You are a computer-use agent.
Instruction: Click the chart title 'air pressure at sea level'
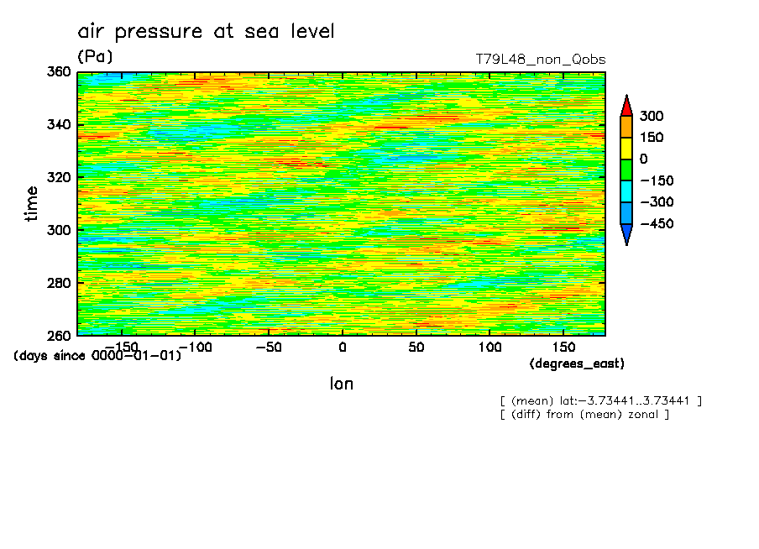pos(206,32)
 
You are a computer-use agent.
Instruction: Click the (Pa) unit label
pos(95,57)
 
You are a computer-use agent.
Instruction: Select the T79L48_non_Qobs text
pos(540,60)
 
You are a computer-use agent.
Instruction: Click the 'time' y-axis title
pos(32,204)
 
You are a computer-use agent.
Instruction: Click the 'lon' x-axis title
pos(341,384)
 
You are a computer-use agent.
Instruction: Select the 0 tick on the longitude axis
pos(342,347)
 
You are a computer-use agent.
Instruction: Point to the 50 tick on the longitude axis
pos(416,347)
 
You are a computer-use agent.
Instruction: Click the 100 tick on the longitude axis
pos(489,347)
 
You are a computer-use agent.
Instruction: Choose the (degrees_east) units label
pos(577,363)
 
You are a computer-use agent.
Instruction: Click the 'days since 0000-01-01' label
pos(97,356)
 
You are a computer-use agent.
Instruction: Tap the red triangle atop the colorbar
pos(626,105)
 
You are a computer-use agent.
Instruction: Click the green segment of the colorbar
pos(626,170)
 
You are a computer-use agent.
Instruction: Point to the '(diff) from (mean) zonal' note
pos(584,414)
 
